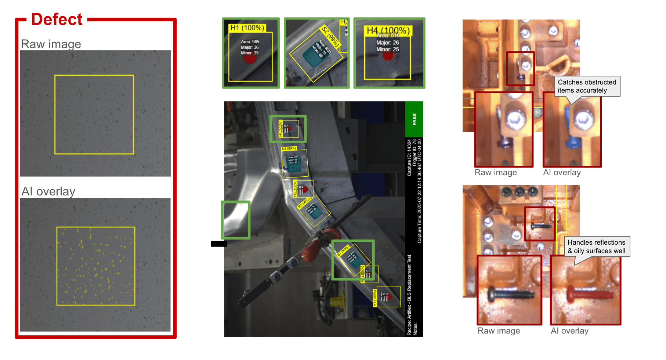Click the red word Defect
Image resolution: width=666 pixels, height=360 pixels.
(x=57, y=19)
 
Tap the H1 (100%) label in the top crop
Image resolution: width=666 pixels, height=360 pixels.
(x=247, y=28)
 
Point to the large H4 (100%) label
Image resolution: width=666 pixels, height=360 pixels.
(x=388, y=30)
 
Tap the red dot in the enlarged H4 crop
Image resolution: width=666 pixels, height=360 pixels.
(x=388, y=56)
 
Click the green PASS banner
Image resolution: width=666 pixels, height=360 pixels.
(x=414, y=119)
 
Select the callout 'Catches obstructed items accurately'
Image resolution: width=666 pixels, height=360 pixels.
(x=587, y=86)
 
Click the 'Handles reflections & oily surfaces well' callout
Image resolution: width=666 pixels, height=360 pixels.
(x=596, y=246)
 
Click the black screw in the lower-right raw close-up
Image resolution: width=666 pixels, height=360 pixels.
(x=510, y=294)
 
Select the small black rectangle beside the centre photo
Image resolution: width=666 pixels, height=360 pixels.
(x=219, y=244)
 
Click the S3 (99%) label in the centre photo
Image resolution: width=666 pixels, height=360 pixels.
(x=289, y=148)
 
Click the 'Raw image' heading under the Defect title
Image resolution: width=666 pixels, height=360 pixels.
(x=51, y=44)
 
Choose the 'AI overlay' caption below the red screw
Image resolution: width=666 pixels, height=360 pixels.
(x=569, y=331)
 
